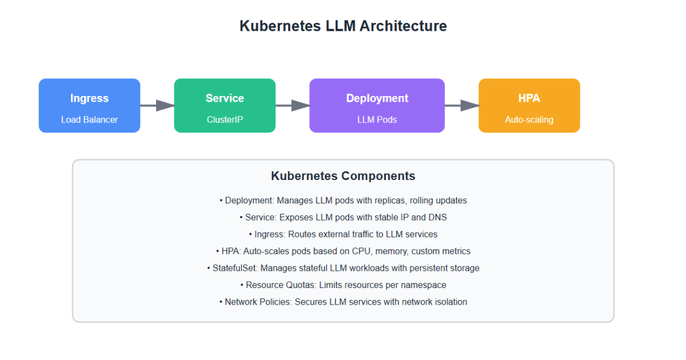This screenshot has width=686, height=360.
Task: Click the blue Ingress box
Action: (89, 106)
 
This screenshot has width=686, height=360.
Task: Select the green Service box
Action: (225, 106)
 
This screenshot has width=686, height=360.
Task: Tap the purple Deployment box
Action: (377, 106)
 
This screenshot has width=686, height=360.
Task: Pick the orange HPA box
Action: (529, 106)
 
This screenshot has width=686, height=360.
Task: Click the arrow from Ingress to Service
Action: (157, 105)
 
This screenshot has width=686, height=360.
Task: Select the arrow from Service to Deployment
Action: (293, 105)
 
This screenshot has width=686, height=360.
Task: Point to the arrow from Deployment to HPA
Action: (462, 105)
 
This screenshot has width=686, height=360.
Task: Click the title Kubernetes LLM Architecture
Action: (343, 26)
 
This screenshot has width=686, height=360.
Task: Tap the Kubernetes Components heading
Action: (343, 176)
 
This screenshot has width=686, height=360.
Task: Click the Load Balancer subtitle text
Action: (89, 120)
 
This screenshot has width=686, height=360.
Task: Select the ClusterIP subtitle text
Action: (225, 120)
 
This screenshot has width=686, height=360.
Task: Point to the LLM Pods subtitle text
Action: (377, 120)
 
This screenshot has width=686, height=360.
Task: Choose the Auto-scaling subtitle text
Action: (529, 120)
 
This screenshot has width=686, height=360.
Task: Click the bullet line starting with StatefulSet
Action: (343, 268)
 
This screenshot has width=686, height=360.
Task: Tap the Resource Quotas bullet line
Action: (343, 285)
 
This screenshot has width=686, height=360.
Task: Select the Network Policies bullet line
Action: (343, 302)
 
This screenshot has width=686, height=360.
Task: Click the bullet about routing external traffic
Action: (343, 234)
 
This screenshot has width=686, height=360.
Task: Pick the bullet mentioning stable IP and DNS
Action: (343, 217)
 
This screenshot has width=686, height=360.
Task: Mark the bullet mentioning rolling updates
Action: (343, 201)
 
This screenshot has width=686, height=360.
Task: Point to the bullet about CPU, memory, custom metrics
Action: (343, 251)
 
